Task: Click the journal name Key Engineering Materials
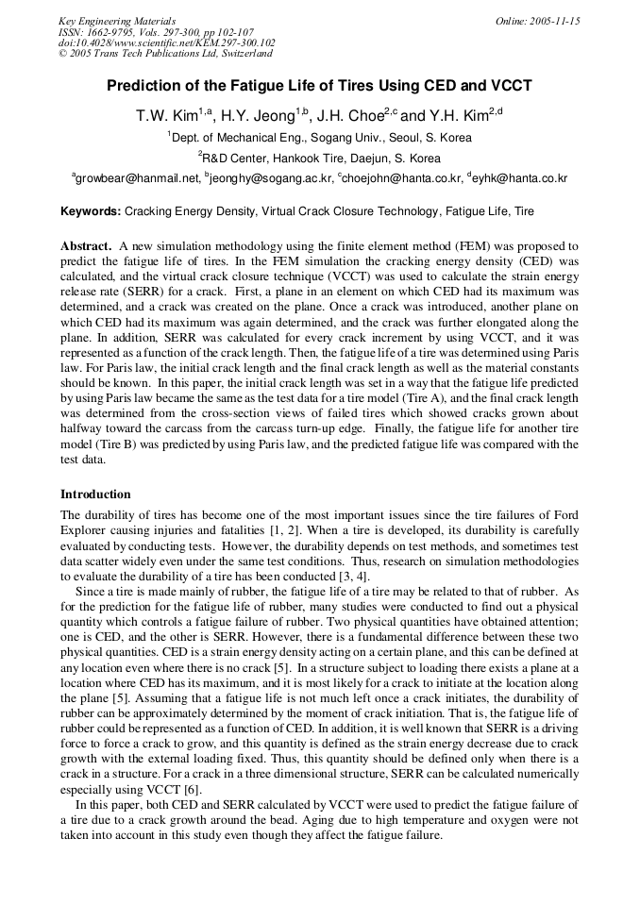click(x=116, y=20)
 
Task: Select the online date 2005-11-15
click(x=551, y=20)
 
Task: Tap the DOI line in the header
click(x=166, y=42)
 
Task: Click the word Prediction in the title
click(x=143, y=86)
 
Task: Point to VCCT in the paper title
click(x=512, y=86)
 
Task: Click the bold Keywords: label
click(x=91, y=212)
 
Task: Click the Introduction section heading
click(x=95, y=494)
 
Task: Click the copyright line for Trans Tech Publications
click(x=165, y=54)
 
